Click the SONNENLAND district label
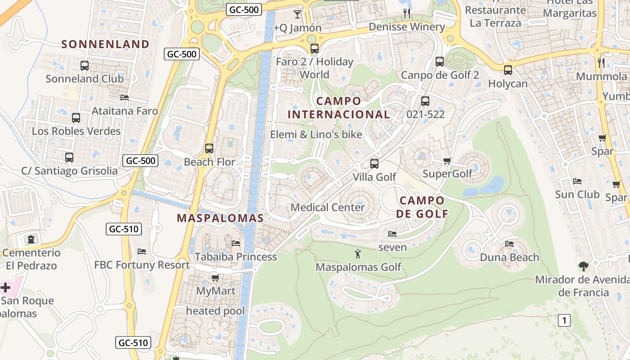click(105, 44)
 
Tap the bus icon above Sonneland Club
click(85, 66)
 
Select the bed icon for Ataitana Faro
click(125, 98)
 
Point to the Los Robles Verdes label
click(76, 131)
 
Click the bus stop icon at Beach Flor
click(209, 148)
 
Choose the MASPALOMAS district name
click(220, 218)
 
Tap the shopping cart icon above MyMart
click(216, 278)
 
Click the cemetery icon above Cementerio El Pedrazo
click(31, 239)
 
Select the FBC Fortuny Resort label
click(142, 265)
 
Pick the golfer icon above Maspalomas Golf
click(358, 254)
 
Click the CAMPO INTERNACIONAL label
click(338, 108)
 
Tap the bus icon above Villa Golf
click(374, 164)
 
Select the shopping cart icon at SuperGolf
click(447, 161)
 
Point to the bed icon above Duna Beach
click(509, 244)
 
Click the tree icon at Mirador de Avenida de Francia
click(584, 266)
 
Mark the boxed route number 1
click(564, 320)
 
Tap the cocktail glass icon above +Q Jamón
click(297, 14)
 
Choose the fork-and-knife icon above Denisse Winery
click(407, 13)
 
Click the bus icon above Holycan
click(508, 70)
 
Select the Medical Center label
click(328, 207)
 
